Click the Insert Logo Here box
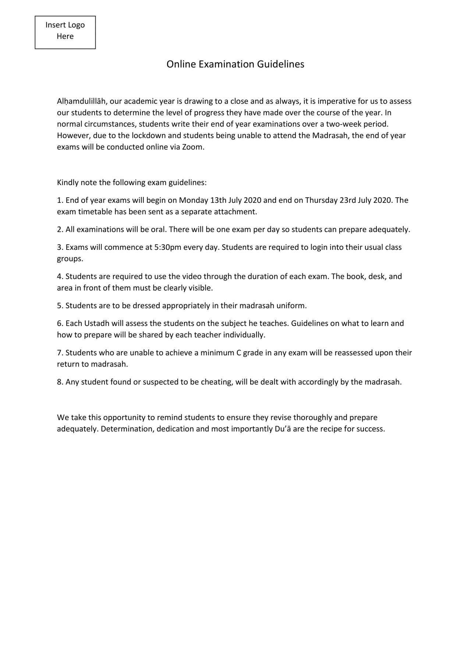pos(65,32)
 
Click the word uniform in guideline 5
pos(293,306)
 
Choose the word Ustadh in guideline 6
pos(97,323)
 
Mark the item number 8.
pos(60,382)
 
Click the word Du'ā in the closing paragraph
pos(283,429)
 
